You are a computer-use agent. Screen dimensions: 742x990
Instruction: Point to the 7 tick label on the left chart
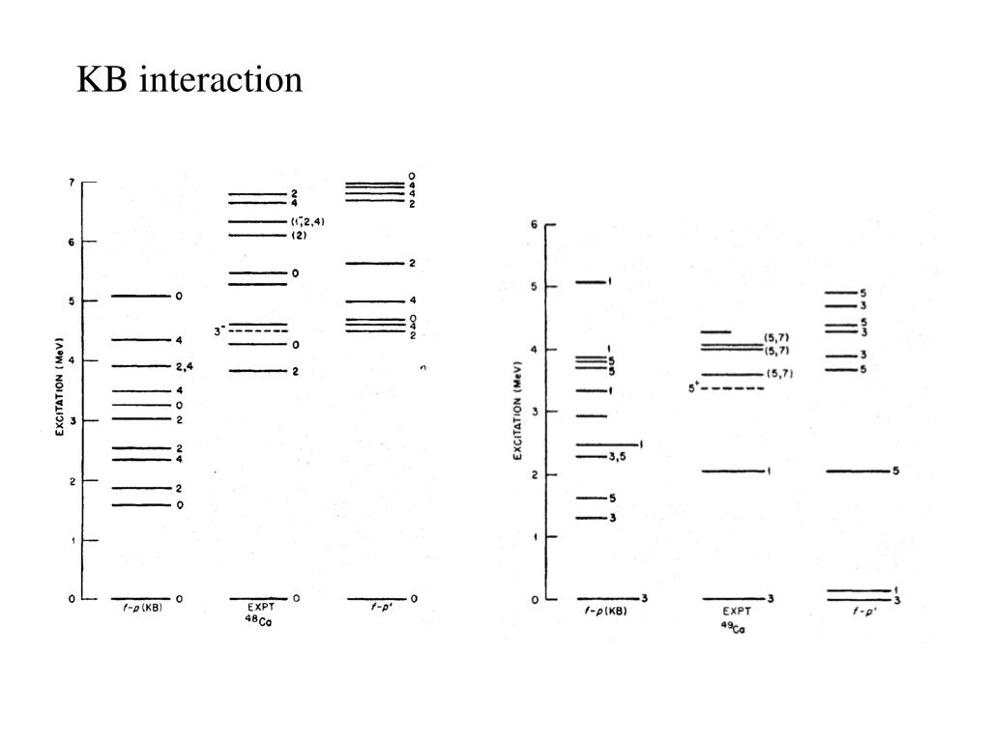[x=71, y=182]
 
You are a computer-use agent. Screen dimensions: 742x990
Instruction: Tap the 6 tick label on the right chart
[x=535, y=224]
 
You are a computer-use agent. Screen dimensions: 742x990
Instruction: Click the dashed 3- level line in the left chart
[x=257, y=331]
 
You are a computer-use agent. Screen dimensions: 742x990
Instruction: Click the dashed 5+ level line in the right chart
[x=738, y=388]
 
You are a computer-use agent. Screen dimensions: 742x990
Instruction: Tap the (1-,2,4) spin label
[x=307, y=222]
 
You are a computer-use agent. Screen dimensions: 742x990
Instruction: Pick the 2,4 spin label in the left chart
[x=185, y=367]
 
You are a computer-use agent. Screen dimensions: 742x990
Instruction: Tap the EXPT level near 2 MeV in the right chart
[x=731, y=471]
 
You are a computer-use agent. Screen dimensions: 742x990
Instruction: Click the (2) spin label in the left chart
[x=300, y=236]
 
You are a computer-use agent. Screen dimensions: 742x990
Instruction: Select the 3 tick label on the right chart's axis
[x=535, y=412]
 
